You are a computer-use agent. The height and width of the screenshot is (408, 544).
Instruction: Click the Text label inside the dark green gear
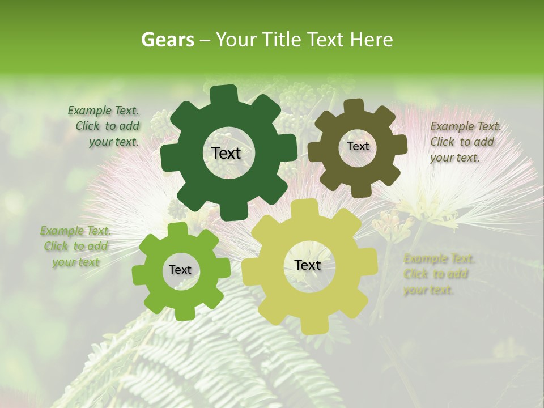pos(226,153)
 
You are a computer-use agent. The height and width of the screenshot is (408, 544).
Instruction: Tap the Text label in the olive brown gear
pos(358,146)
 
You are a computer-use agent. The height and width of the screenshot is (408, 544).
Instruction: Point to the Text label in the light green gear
pos(180,270)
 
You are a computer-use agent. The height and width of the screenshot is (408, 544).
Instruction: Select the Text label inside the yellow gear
pos(308,265)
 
